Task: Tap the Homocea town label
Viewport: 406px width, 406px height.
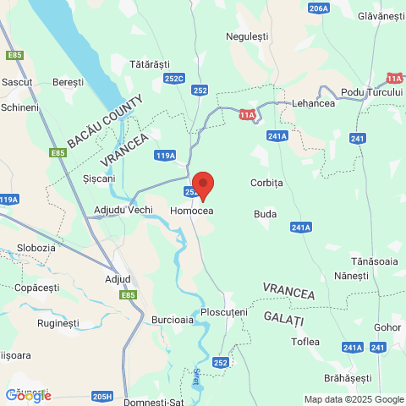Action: (191, 210)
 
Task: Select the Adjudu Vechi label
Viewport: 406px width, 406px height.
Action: (123, 210)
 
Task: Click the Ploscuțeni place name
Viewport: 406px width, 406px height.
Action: (224, 312)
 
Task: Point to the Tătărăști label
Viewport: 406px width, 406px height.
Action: (150, 64)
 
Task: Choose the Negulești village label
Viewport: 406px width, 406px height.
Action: (247, 36)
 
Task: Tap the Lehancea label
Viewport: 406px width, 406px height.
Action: (313, 104)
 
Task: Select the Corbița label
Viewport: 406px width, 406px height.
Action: (266, 183)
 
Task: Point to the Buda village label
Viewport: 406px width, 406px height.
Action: (266, 214)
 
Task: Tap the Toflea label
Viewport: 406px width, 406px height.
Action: (305, 342)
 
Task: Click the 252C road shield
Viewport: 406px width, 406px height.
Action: (174, 79)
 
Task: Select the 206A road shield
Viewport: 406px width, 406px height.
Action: (319, 8)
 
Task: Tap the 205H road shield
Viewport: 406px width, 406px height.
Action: (102, 396)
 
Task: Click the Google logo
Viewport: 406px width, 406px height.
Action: (28, 395)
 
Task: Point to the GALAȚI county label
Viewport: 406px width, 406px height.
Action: (283, 318)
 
